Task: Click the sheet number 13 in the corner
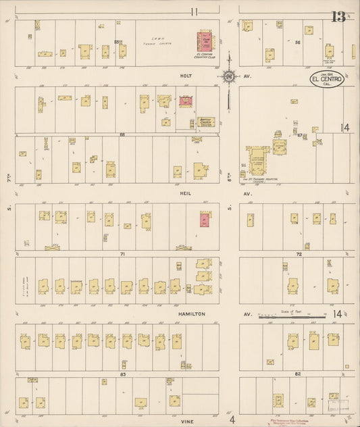click(x=338, y=16)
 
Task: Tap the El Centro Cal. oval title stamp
click(x=328, y=79)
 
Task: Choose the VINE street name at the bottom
click(x=187, y=420)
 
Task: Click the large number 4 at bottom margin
click(x=232, y=420)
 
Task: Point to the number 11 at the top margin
click(x=195, y=11)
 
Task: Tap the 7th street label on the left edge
click(x=6, y=183)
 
